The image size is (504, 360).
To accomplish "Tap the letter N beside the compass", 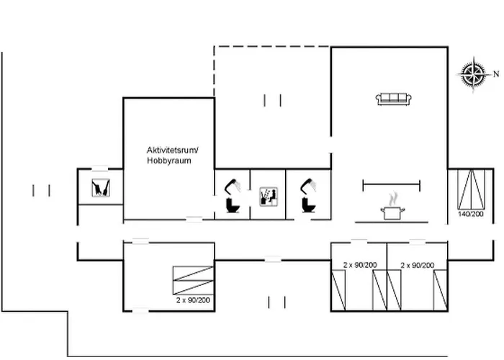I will click(x=495, y=73).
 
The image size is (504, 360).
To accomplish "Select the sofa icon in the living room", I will click(x=393, y=99).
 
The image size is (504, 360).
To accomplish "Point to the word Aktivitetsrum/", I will click(x=171, y=150).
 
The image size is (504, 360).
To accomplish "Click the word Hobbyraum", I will click(x=169, y=161).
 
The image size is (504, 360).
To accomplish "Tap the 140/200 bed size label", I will click(x=471, y=215).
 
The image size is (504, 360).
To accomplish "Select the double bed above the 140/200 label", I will click(x=471, y=189).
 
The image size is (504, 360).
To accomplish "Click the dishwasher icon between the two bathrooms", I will click(x=268, y=197).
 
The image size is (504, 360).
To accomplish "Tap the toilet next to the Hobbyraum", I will click(x=233, y=207).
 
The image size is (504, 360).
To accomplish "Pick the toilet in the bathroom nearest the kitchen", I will click(x=309, y=207).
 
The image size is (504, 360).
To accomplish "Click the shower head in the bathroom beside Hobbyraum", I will click(x=233, y=185).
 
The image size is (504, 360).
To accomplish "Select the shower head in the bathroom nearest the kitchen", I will click(x=309, y=185).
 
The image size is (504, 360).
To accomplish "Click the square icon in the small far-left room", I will click(x=100, y=188).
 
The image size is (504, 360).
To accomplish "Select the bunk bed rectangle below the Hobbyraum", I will click(x=194, y=280).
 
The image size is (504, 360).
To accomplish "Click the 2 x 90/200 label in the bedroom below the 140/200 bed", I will click(x=418, y=265).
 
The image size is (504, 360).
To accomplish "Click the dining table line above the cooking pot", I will click(x=391, y=185).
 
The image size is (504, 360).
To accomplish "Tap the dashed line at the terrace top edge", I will click(x=272, y=48).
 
